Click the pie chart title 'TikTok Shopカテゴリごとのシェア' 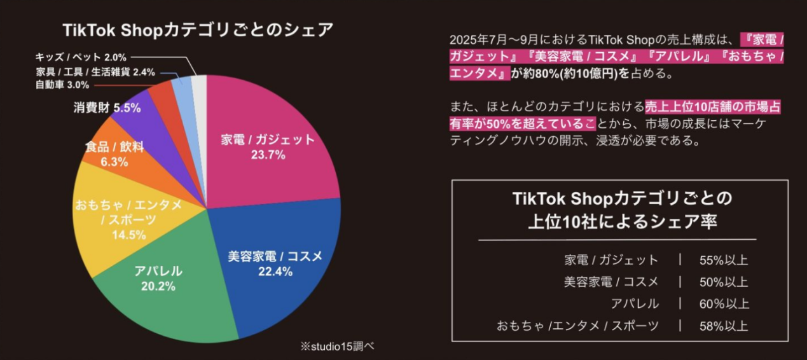198,30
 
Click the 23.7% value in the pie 268,155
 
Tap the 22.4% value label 275,272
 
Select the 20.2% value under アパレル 158,286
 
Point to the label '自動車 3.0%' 62,85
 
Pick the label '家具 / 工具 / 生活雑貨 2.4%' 95,72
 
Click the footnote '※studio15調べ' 338,346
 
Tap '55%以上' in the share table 724,260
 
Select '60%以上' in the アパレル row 724,303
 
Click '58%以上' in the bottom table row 724,326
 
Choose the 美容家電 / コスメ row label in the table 611,282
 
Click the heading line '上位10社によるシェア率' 622,221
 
